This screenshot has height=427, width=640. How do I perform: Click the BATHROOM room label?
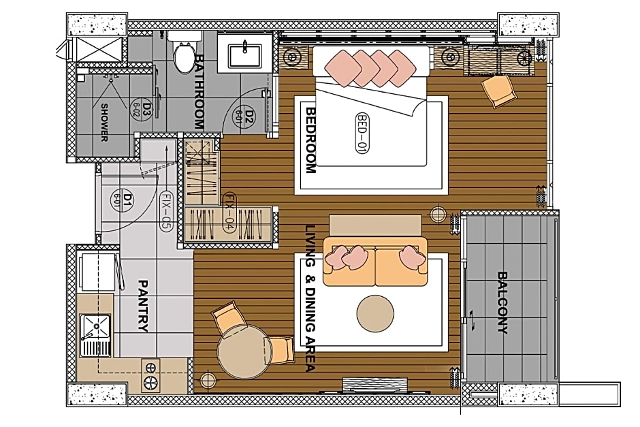click(198, 92)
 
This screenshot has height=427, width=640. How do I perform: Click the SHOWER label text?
click(105, 123)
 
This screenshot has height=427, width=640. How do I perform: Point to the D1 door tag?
click(128, 200)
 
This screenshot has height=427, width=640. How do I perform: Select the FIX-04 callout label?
click(229, 212)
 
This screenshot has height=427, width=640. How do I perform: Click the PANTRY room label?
click(143, 306)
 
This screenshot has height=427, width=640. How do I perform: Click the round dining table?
click(244, 353)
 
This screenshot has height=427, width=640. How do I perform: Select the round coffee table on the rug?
click(375, 313)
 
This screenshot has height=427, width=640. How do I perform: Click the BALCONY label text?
click(502, 303)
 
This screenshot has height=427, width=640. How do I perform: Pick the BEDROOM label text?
click(310, 140)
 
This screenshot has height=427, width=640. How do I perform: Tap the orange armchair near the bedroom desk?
click(499, 92)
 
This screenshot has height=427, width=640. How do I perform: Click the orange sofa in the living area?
click(375, 262)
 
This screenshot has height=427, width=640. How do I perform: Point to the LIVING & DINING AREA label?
click(310, 298)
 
